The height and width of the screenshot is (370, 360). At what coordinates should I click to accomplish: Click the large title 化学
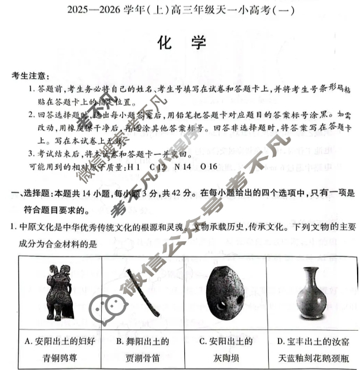tap(180, 44)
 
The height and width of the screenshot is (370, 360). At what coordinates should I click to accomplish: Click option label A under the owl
tap(28, 341)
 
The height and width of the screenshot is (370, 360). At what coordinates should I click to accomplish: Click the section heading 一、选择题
tap(32, 195)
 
